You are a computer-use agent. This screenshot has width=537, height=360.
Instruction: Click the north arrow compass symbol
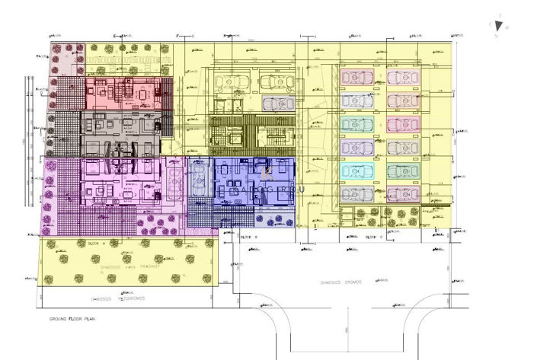point(499,25)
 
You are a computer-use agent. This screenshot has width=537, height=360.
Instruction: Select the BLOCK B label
point(251,237)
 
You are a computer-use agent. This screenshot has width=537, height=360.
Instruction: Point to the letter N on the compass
point(496,35)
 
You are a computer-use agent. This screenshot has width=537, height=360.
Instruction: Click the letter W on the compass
point(508,27)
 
